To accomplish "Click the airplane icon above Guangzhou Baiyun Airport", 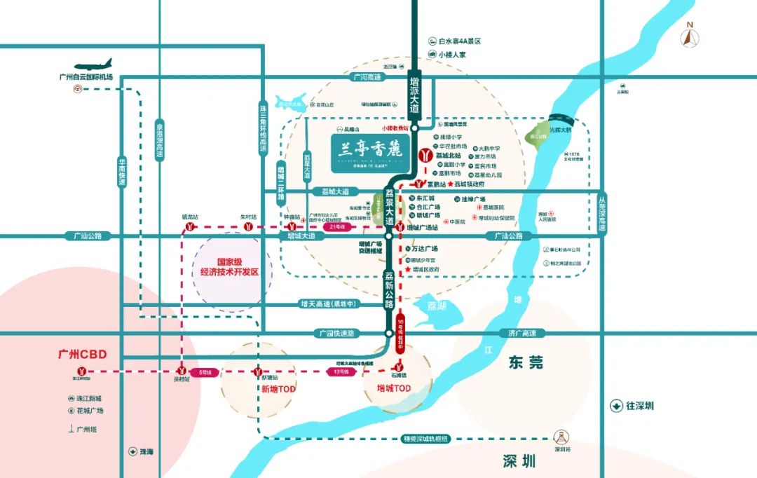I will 99,64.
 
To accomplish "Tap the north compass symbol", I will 690,36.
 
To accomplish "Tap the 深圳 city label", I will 519,460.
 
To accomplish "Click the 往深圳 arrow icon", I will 615,406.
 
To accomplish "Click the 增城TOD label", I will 393,388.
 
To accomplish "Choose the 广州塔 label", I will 89,430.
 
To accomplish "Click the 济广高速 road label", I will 522,334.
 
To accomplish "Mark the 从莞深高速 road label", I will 602,215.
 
